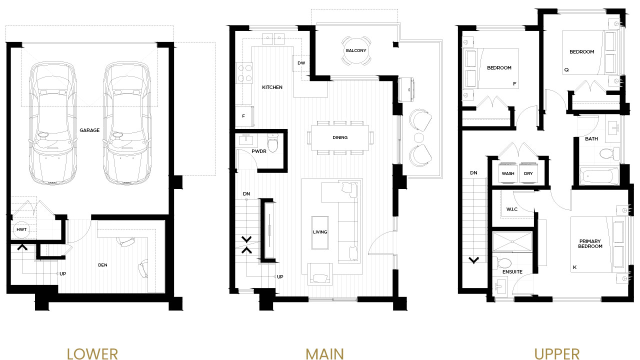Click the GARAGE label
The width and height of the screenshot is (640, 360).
89,130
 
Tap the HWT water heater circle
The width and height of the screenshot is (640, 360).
21,229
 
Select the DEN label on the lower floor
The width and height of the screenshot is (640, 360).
102,265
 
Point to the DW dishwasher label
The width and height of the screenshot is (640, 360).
301,63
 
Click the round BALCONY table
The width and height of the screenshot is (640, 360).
356,50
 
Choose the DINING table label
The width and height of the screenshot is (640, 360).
340,137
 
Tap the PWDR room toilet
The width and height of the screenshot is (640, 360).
273,142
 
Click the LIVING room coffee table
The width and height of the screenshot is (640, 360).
320,232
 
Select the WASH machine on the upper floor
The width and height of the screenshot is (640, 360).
507,172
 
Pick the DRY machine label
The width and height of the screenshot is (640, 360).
528,173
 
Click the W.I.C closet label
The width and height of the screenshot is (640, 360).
511,209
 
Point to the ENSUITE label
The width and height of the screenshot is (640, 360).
512,272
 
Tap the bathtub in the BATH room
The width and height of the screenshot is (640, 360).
599,176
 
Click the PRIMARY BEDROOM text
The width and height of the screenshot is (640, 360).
590,243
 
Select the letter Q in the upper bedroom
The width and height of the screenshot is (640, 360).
566,70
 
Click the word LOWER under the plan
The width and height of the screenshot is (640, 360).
92,353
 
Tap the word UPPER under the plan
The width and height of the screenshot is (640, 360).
556,353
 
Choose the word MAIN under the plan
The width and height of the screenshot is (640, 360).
324,353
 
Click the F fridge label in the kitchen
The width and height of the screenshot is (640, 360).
243,116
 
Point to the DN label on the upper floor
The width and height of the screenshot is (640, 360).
473,173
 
